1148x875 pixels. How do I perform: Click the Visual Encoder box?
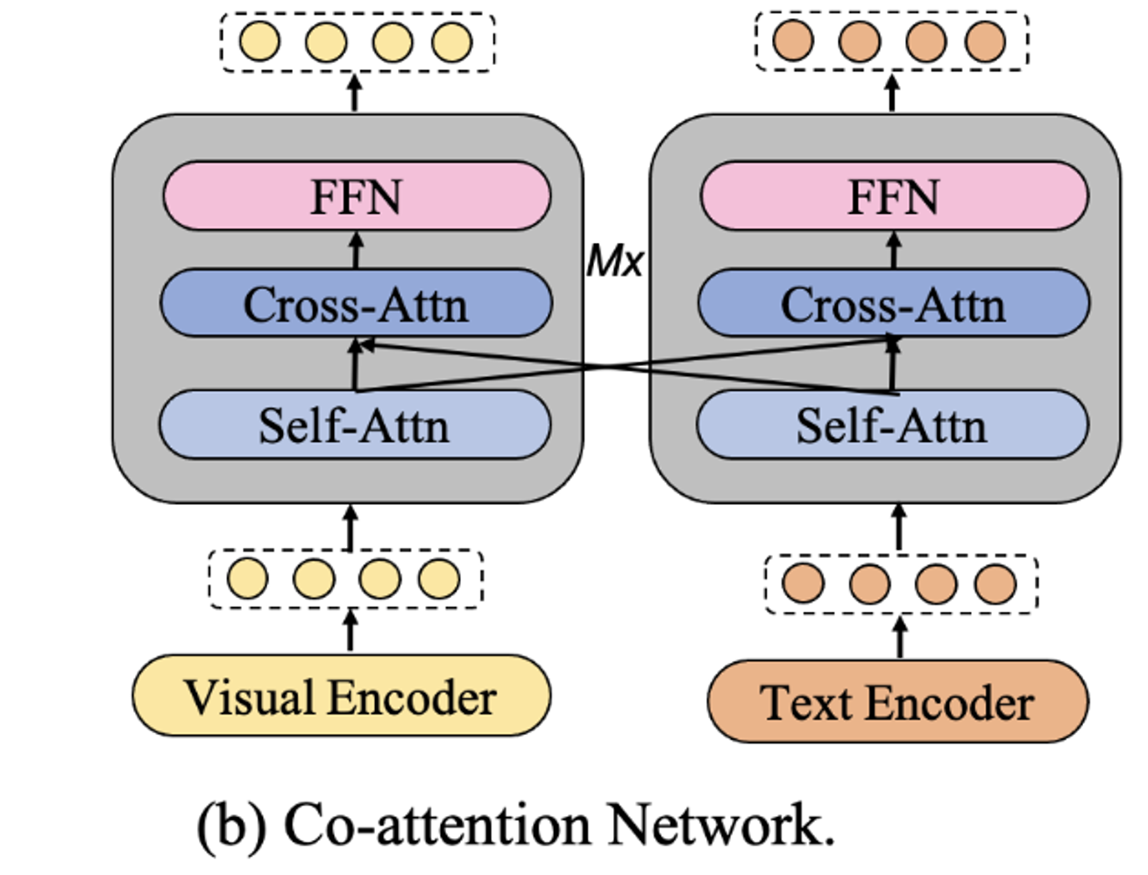(x=341, y=697)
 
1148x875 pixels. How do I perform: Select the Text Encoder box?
(x=897, y=702)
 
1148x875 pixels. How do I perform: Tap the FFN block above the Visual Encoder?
(x=357, y=196)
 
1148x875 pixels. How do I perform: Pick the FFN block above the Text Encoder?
(x=894, y=196)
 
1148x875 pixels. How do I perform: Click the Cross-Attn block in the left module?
(x=356, y=304)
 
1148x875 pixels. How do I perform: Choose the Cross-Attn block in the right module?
(x=893, y=304)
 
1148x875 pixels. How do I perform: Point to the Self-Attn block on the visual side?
(x=354, y=425)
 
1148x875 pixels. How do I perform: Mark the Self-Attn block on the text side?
(x=891, y=425)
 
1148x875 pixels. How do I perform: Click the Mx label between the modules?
(x=615, y=260)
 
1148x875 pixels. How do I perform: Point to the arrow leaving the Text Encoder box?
(x=900, y=637)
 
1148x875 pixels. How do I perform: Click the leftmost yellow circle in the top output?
(x=260, y=41)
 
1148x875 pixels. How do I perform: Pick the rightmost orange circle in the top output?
(x=986, y=40)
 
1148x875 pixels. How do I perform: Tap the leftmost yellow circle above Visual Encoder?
(x=248, y=579)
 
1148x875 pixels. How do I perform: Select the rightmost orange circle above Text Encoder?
(x=996, y=584)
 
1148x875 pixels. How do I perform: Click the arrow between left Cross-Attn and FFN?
(x=356, y=250)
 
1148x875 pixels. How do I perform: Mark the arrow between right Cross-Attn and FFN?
(x=894, y=250)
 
